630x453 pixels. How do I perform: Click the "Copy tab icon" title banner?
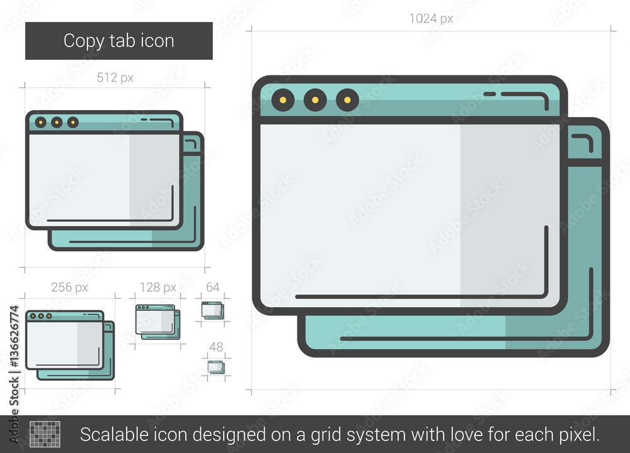click(x=119, y=41)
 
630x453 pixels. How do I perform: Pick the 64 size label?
click(x=212, y=288)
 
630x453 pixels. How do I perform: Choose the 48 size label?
click(x=216, y=347)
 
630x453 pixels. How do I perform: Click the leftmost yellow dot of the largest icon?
click(x=283, y=100)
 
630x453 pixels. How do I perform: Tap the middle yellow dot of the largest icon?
click(x=316, y=100)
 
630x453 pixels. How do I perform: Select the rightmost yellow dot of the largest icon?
click(x=348, y=100)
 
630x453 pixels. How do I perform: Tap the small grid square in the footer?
click(x=45, y=433)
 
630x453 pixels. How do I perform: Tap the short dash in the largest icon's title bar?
click(x=490, y=94)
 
